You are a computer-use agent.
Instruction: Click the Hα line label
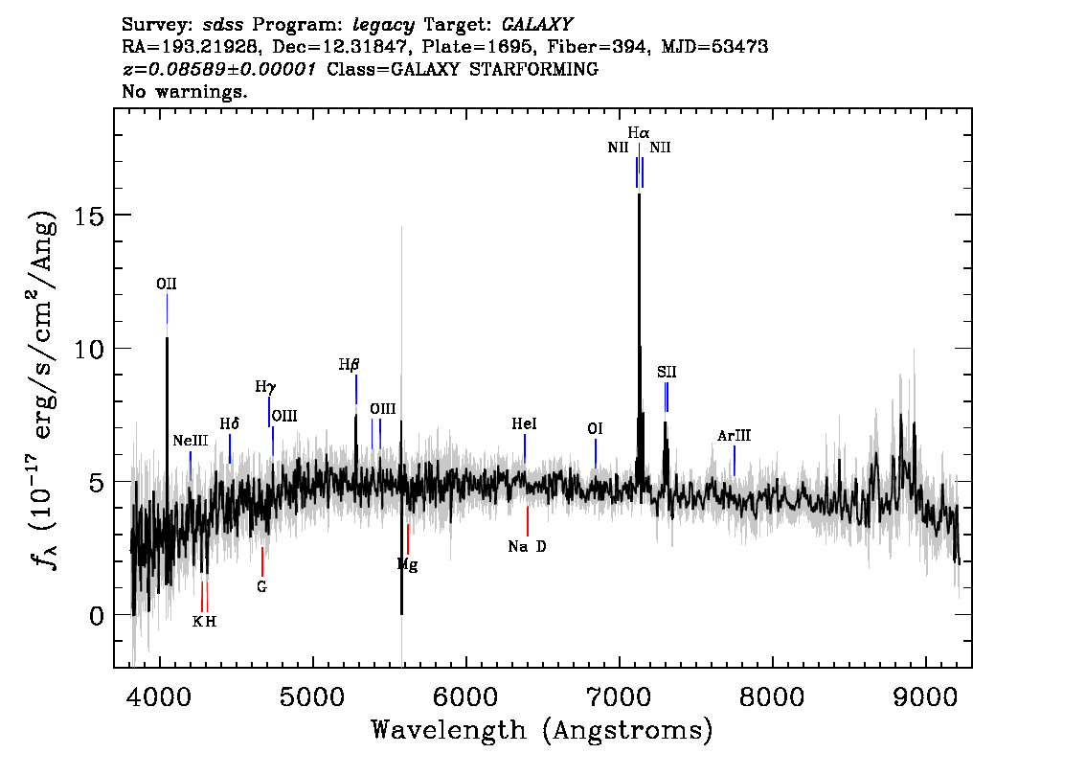[x=639, y=132]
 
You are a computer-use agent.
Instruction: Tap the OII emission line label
[x=167, y=285]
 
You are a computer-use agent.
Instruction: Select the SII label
[x=667, y=372]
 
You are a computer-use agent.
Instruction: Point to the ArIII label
[x=734, y=436]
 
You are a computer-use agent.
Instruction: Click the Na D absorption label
[x=527, y=547]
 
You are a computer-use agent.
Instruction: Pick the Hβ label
[x=349, y=364]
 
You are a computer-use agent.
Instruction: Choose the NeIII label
[x=190, y=441]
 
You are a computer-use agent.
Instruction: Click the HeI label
[x=524, y=424]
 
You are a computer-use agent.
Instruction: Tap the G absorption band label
[x=261, y=587]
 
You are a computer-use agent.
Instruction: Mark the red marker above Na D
[x=528, y=521]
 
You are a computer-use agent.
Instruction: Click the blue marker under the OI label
[x=596, y=453]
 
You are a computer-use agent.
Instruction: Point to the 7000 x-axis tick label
[x=619, y=697]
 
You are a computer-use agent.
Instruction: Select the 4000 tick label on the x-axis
[x=159, y=697]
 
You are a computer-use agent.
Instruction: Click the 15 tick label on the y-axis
[x=89, y=216]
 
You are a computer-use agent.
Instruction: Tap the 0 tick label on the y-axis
[x=97, y=615]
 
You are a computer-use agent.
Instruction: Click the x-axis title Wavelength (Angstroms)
[x=542, y=731]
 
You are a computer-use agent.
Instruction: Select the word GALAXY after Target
[x=536, y=25]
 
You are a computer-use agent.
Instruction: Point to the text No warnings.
[x=184, y=91]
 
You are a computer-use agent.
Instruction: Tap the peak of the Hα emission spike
[x=640, y=194]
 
